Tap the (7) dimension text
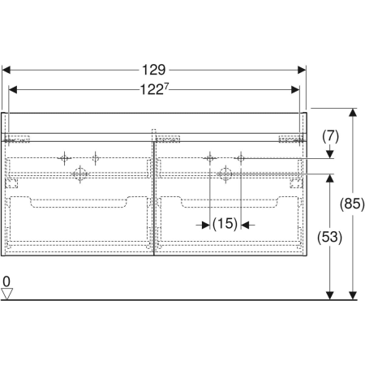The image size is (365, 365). pyautogui.click(x=329, y=137)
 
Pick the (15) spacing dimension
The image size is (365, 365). pyautogui.click(x=225, y=225)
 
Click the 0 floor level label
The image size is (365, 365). pyautogui.click(x=6, y=282)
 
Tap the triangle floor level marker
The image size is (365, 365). pyautogui.click(x=7, y=294)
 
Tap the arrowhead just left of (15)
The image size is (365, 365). pyautogui.click(x=204, y=225)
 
